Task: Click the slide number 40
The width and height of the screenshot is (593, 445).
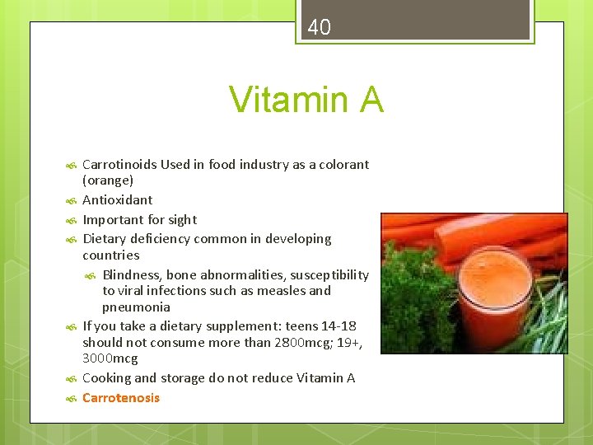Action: click(x=319, y=28)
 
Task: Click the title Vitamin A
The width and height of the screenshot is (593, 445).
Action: click(x=306, y=100)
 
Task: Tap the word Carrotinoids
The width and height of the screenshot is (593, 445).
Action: click(x=119, y=164)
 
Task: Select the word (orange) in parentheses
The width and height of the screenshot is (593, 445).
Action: click(x=108, y=180)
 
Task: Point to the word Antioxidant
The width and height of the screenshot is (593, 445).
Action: click(x=117, y=199)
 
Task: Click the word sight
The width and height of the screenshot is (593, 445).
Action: click(x=182, y=219)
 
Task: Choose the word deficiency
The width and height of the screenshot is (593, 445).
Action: click(x=161, y=239)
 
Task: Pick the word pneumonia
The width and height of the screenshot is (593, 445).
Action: click(x=136, y=307)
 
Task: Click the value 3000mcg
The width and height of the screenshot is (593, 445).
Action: click(x=110, y=358)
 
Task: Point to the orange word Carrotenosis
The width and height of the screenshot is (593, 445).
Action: click(x=121, y=398)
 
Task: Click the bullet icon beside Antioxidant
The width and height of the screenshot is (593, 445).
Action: click(x=71, y=200)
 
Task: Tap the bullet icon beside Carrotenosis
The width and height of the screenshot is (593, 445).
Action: click(x=71, y=399)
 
